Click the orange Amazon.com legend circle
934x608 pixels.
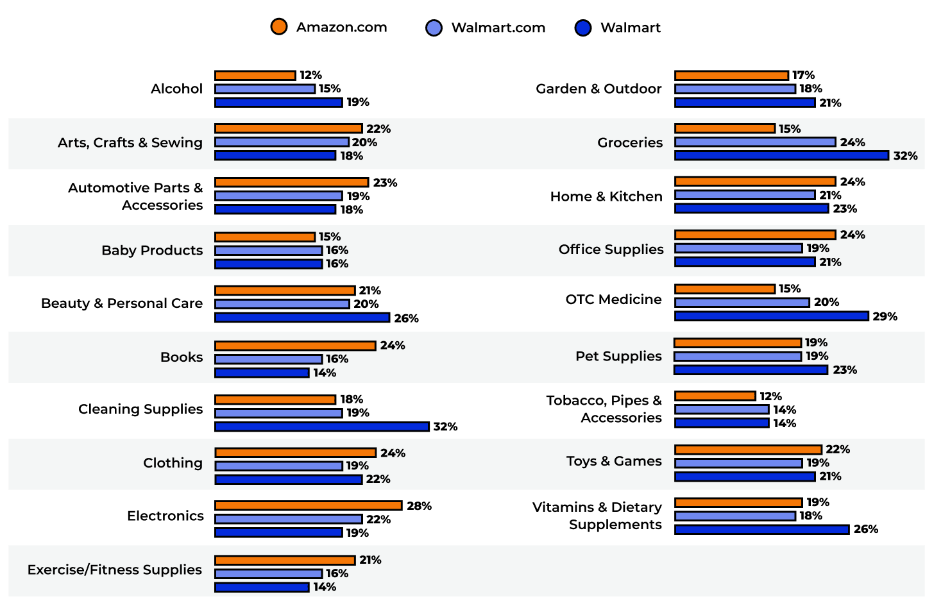point(278,27)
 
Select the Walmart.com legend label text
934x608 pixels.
point(498,28)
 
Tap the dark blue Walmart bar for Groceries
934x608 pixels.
point(781,155)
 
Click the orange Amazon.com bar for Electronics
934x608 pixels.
point(308,505)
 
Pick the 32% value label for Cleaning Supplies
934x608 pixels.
point(445,426)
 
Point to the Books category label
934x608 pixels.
point(181,357)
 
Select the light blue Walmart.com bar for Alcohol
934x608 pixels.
point(265,89)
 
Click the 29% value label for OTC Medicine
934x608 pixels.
point(885,316)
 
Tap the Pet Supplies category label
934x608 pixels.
point(618,356)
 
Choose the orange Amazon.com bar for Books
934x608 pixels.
point(295,346)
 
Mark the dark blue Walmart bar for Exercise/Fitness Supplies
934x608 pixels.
point(262,587)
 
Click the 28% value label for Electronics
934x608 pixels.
point(419,506)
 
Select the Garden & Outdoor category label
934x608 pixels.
point(598,89)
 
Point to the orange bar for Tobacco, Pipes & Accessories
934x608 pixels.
point(715,396)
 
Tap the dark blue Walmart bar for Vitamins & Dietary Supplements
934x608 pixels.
point(761,529)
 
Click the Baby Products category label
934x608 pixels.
point(152,250)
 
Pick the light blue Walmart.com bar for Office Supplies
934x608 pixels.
point(738,248)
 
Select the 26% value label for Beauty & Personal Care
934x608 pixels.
point(406,318)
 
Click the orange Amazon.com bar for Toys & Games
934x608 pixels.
point(748,450)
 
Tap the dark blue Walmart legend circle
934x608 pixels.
point(582,28)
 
